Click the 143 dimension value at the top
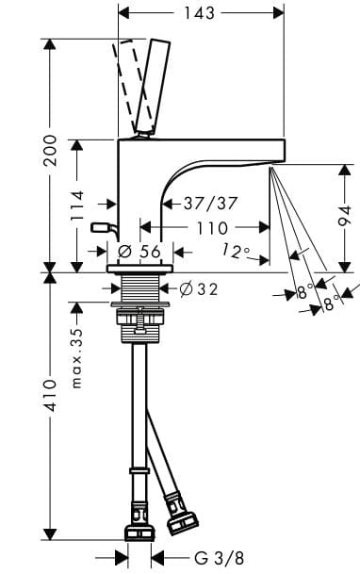coord(201,13)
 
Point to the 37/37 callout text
coord(210,203)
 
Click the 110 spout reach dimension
coord(212,228)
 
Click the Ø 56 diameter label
coord(141,252)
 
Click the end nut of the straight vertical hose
coord(139,530)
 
